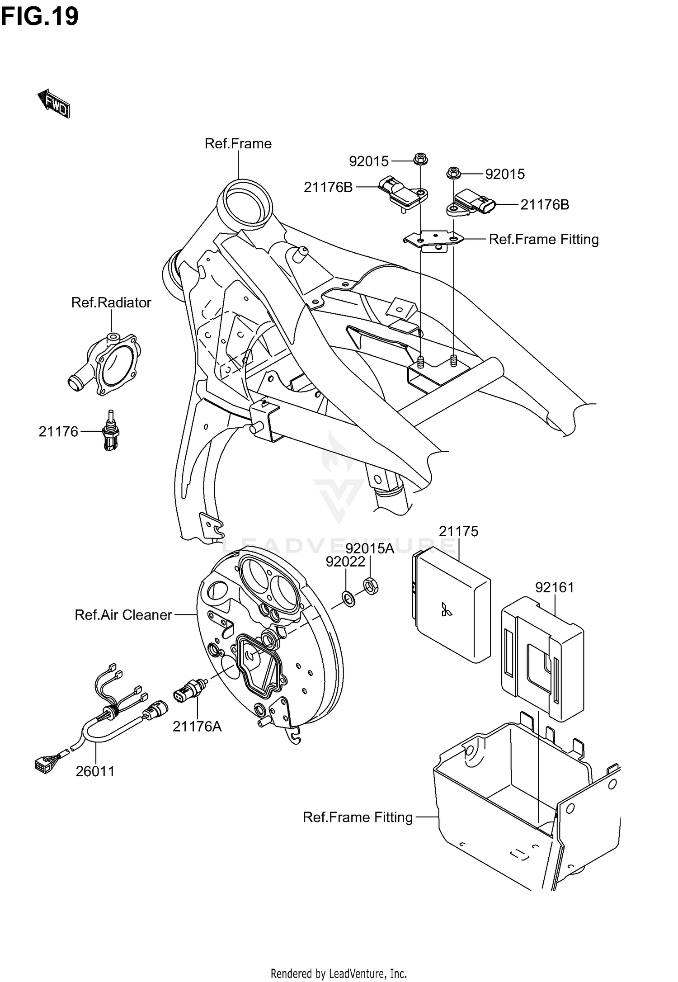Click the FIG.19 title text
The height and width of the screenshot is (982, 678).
[40, 17]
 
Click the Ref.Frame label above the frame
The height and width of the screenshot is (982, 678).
[238, 144]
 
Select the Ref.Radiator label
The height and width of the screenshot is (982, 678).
[111, 302]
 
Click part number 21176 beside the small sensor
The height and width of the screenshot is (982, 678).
[58, 432]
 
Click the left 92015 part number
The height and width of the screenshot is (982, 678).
[368, 161]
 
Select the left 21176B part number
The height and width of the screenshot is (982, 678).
[328, 187]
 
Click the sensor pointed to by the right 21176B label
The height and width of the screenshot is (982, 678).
[472, 203]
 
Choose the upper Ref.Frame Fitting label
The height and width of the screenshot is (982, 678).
[543, 239]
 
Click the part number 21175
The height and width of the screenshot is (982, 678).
[458, 531]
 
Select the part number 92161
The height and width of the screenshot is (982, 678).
[555, 588]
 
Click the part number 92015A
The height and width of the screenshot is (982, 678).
[370, 549]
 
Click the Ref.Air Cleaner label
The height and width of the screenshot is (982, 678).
[123, 615]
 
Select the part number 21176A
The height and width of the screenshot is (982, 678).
[197, 727]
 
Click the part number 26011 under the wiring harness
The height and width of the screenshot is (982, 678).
[95, 771]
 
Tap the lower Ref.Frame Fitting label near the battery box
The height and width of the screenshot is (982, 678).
[358, 817]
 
